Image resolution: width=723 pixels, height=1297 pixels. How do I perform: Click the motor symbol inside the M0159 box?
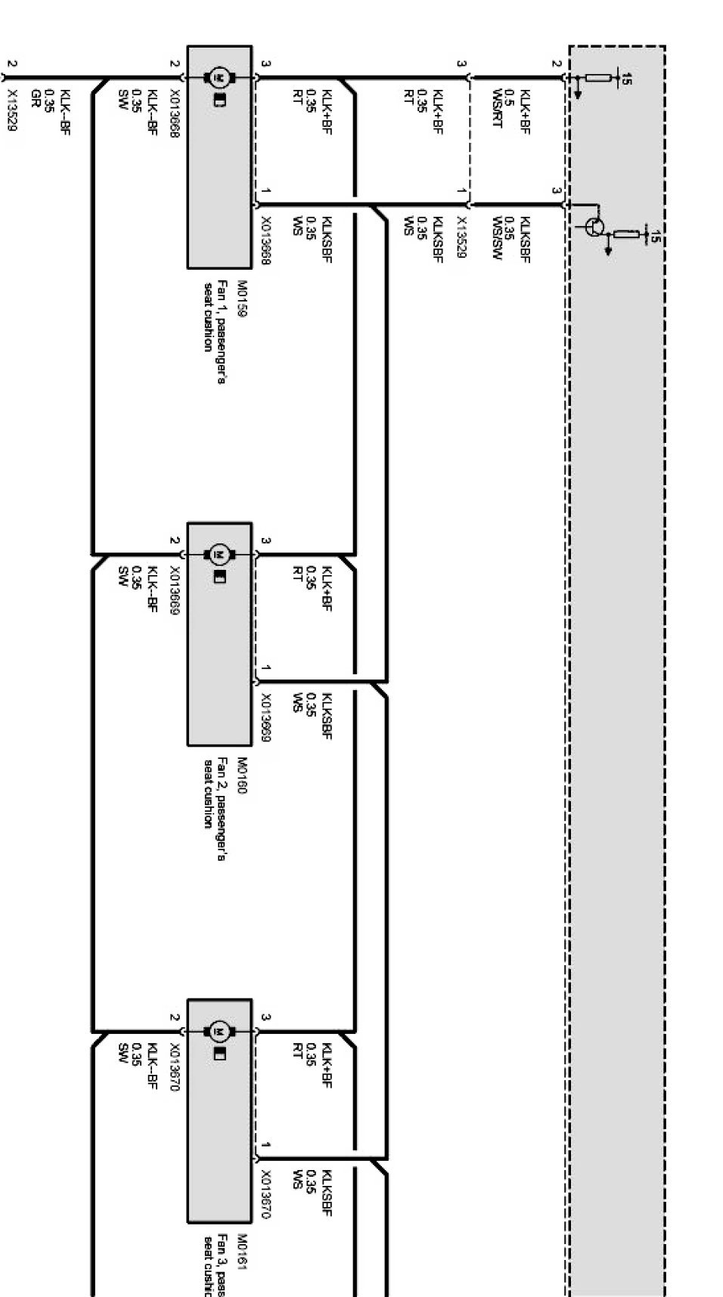220,76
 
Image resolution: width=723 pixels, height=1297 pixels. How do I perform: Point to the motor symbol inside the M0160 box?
220,554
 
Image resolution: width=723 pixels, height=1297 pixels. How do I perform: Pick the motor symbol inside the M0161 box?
220,1030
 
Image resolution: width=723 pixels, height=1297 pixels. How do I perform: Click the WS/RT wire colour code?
497,111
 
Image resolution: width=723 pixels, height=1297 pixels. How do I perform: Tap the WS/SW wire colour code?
497,240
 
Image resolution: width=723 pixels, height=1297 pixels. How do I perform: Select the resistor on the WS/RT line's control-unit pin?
598,77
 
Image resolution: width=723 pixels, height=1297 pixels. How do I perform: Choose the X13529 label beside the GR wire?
11,110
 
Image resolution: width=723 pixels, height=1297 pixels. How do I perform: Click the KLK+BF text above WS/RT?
525,111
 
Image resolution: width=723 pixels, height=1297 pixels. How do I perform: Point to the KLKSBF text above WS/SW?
525,240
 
